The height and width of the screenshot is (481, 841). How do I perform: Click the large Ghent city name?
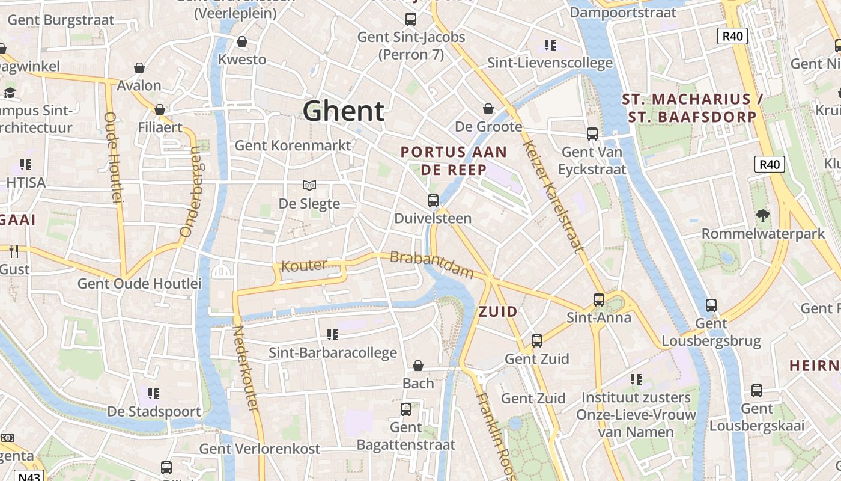point(344,111)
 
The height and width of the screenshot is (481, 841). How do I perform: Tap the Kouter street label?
point(304,265)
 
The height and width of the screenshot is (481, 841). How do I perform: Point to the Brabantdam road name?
point(432,265)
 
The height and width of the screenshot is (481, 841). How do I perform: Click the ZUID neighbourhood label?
point(498,311)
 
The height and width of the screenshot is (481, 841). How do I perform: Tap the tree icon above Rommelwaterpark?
point(763,215)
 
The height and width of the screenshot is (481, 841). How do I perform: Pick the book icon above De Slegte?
point(309,185)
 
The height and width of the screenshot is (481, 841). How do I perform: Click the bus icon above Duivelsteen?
point(433,200)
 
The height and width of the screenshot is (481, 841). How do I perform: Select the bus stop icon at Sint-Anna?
point(599,299)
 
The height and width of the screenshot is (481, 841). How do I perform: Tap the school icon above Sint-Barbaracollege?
point(333,334)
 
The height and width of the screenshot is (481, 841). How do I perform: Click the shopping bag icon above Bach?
point(418,365)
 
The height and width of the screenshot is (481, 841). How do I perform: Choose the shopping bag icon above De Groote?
point(488,109)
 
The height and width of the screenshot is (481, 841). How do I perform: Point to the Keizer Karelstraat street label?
point(552,196)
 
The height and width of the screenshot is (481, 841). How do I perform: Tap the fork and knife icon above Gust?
point(14,251)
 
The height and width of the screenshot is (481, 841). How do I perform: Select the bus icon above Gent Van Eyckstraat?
point(592,134)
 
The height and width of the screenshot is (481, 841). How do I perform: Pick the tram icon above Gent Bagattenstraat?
point(406,409)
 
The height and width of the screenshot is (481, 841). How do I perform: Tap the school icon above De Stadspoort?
point(154,394)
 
